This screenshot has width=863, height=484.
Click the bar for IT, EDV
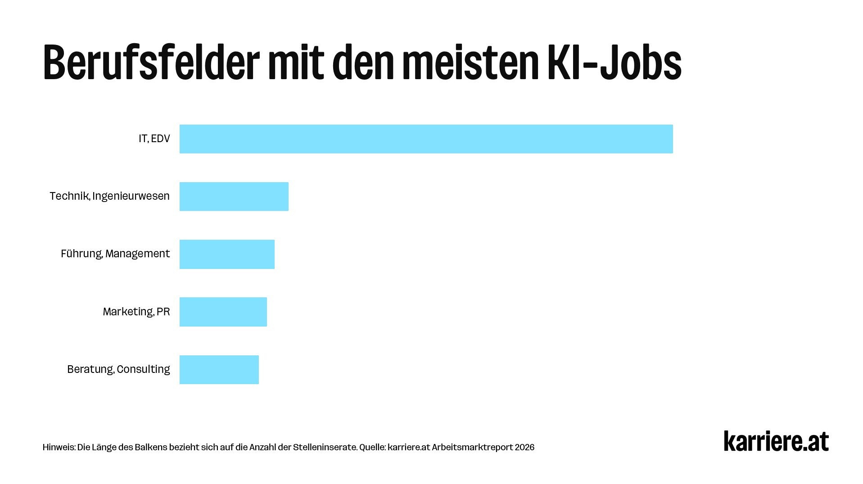pos(426,139)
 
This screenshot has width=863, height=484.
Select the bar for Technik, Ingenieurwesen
pos(234,197)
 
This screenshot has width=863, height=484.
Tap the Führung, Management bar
pos(227,254)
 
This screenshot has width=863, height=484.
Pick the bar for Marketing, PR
pos(223,312)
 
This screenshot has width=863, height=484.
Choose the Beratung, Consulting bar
pos(219,369)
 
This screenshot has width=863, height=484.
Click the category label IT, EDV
pos(154,139)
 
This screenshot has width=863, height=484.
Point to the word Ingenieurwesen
pos(131,196)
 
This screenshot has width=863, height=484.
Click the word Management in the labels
pos(137,254)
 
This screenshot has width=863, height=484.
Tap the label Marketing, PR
pos(136,311)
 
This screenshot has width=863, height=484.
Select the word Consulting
pos(143,369)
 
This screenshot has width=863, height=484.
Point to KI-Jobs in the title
pos(614,63)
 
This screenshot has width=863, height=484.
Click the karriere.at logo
pos(776,441)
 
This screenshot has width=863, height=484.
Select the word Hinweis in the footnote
pos(58,447)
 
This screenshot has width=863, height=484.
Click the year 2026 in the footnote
pos(524,447)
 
